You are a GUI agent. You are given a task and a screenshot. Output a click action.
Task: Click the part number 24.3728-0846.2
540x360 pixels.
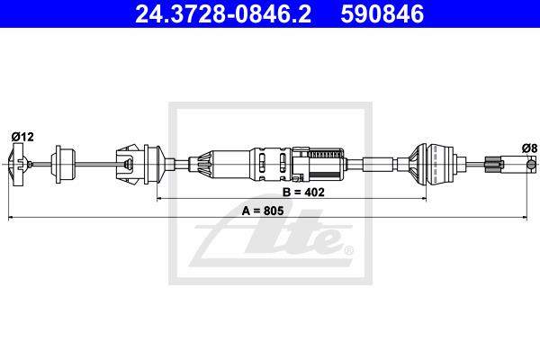click(223, 14)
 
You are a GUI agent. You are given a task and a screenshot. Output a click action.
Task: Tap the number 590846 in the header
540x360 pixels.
click(382, 14)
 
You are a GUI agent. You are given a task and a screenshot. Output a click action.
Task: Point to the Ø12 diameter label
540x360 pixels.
click(22, 137)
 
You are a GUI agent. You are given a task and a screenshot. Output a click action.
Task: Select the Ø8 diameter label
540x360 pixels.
click(529, 148)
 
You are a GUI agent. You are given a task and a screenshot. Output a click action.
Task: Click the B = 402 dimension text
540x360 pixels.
click(303, 192)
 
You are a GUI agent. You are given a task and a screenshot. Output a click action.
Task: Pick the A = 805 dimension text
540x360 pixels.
click(263, 211)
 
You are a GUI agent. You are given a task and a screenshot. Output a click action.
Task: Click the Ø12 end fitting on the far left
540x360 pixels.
click(17, 165)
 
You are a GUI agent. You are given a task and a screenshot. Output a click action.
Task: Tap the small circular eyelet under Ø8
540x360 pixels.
click(532, 165)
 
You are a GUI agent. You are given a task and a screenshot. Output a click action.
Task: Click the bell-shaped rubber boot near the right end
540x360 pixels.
click(432, 165)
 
